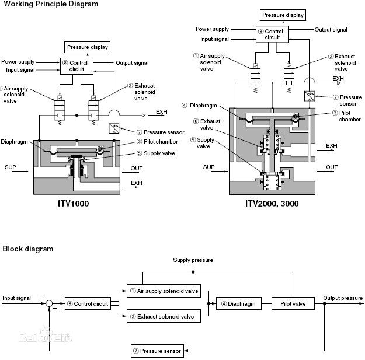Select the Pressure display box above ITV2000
click(x=283, y=15)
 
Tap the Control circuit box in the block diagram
click(x=88, y=303)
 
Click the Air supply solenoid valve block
click(x=164, y=291)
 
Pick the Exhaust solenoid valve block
click(x=164, y=316)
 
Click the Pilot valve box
click(x=293, y=303)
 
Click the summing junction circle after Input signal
click(x=50, y=303)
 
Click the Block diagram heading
click(x=27, y=249)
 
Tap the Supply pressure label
click(x=193, y=260)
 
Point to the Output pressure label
click(x=343, y=298)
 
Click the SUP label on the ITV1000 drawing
click(x=11, y=167)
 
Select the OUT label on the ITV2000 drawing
click(x=332, y=167)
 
